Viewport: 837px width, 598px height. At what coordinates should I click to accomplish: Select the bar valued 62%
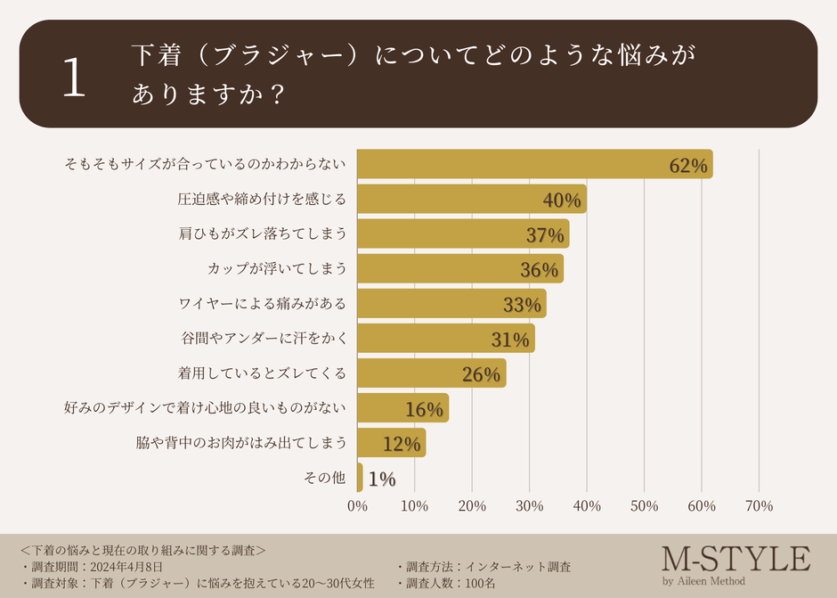[x=534, y=164]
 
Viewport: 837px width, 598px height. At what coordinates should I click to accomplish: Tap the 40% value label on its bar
[x=562, y=201]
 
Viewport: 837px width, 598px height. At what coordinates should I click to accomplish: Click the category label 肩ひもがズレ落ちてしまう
[x=262, y=233]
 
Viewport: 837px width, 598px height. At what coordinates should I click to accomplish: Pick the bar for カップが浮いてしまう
[x=459, y=268]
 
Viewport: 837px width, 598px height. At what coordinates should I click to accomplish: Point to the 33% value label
[x=522, y=305]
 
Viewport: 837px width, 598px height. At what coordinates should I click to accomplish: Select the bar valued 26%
[x=431, y=373]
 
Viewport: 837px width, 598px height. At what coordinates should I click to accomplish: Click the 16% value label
[x=424, y=410]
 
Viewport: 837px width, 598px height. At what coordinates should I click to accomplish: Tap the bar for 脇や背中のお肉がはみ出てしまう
[x=391, y=443]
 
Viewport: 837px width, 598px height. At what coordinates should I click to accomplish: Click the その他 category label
[x=326, y=478]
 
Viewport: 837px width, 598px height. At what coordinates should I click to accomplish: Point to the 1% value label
[x=381, y=479]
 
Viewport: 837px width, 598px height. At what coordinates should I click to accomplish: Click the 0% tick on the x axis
[x=357, y=506]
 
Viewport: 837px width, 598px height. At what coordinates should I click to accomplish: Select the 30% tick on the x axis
[x=529, y=506]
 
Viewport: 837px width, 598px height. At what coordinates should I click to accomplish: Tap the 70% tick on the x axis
[x=759, y=506]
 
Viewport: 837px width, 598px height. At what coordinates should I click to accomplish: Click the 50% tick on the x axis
[x=644, y=506]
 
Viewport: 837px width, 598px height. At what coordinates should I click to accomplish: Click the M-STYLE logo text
[x=735, y=559]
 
